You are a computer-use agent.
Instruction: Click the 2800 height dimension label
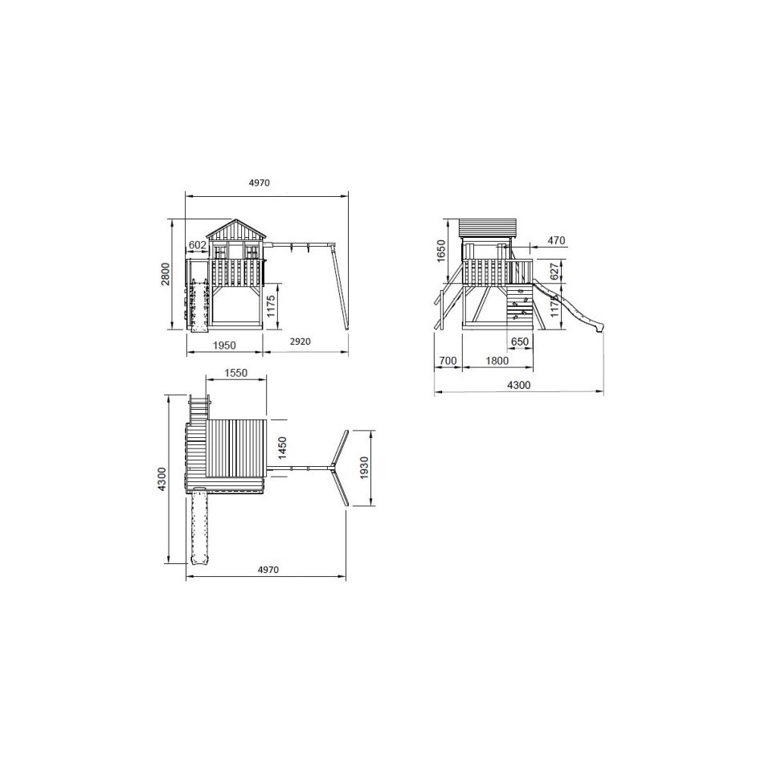[x=166, y=274]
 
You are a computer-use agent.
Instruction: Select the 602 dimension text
[x=197, y=245]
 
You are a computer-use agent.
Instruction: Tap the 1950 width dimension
[x=224, y=345]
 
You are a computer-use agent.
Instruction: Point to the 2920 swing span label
[x=300, y=342]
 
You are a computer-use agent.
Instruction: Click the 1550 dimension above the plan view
[x=236, y=373]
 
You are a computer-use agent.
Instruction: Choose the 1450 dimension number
[x=283, y=448]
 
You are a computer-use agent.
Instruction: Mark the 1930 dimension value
[x=365, y=468]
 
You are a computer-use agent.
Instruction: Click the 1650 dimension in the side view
[x=440, y=251]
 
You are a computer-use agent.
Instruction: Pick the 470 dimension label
[x=556, y=240]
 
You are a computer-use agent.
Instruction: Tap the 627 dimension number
[x=554, y=272]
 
